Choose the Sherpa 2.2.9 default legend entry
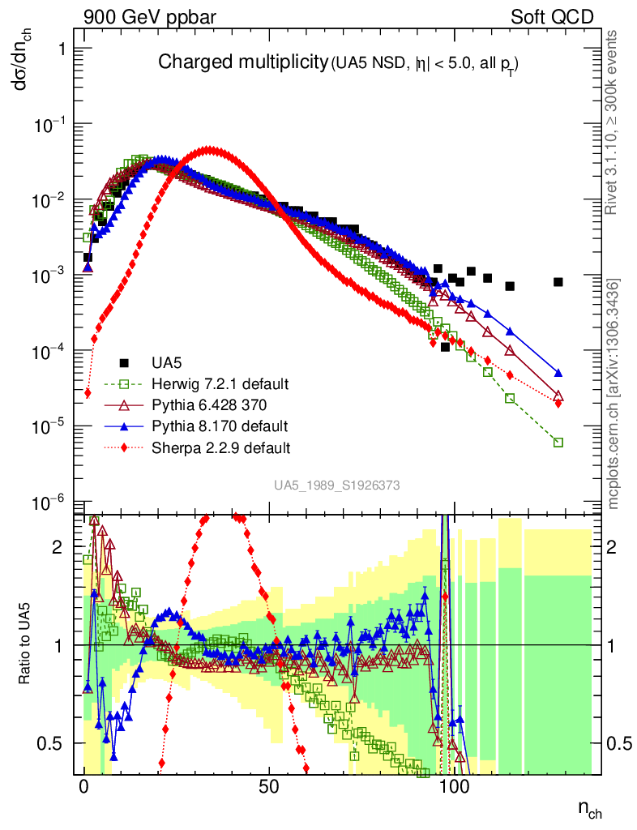click(210, 447)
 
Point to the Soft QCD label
click(552, 16)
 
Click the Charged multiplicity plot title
click(243, 63)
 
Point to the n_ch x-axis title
click(589, 810)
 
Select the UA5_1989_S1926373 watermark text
click(336, 486)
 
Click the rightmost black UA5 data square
click(558, 282)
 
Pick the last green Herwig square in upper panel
click(558, 443)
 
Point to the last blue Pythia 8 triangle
click(558, 373)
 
